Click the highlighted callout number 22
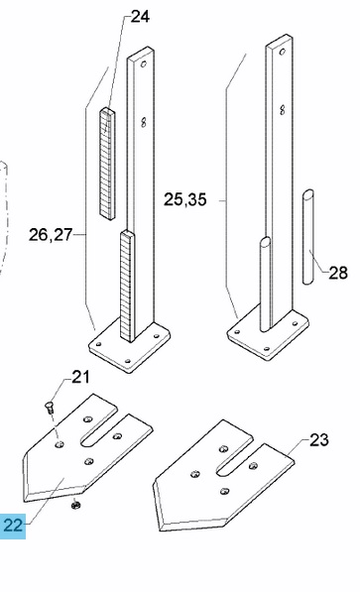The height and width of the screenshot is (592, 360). click(x=13, y=526)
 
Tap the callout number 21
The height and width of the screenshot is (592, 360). click(x=80, y=377)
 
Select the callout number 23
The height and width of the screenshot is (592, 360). click(x=318, y=439)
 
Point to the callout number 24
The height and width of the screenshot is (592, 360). click(x=140, y=17)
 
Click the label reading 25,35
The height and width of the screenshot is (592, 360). click(x=185, y=199)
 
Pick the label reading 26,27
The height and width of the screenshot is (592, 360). click(x=51, y=235)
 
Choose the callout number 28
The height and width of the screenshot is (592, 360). click(x=338, y=273)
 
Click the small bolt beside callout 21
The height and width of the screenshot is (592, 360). click(x=50, y=408)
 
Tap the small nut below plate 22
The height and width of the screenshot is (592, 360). click(x=75, y=504)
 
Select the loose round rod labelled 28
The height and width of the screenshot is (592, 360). click(x=308, y=237)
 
